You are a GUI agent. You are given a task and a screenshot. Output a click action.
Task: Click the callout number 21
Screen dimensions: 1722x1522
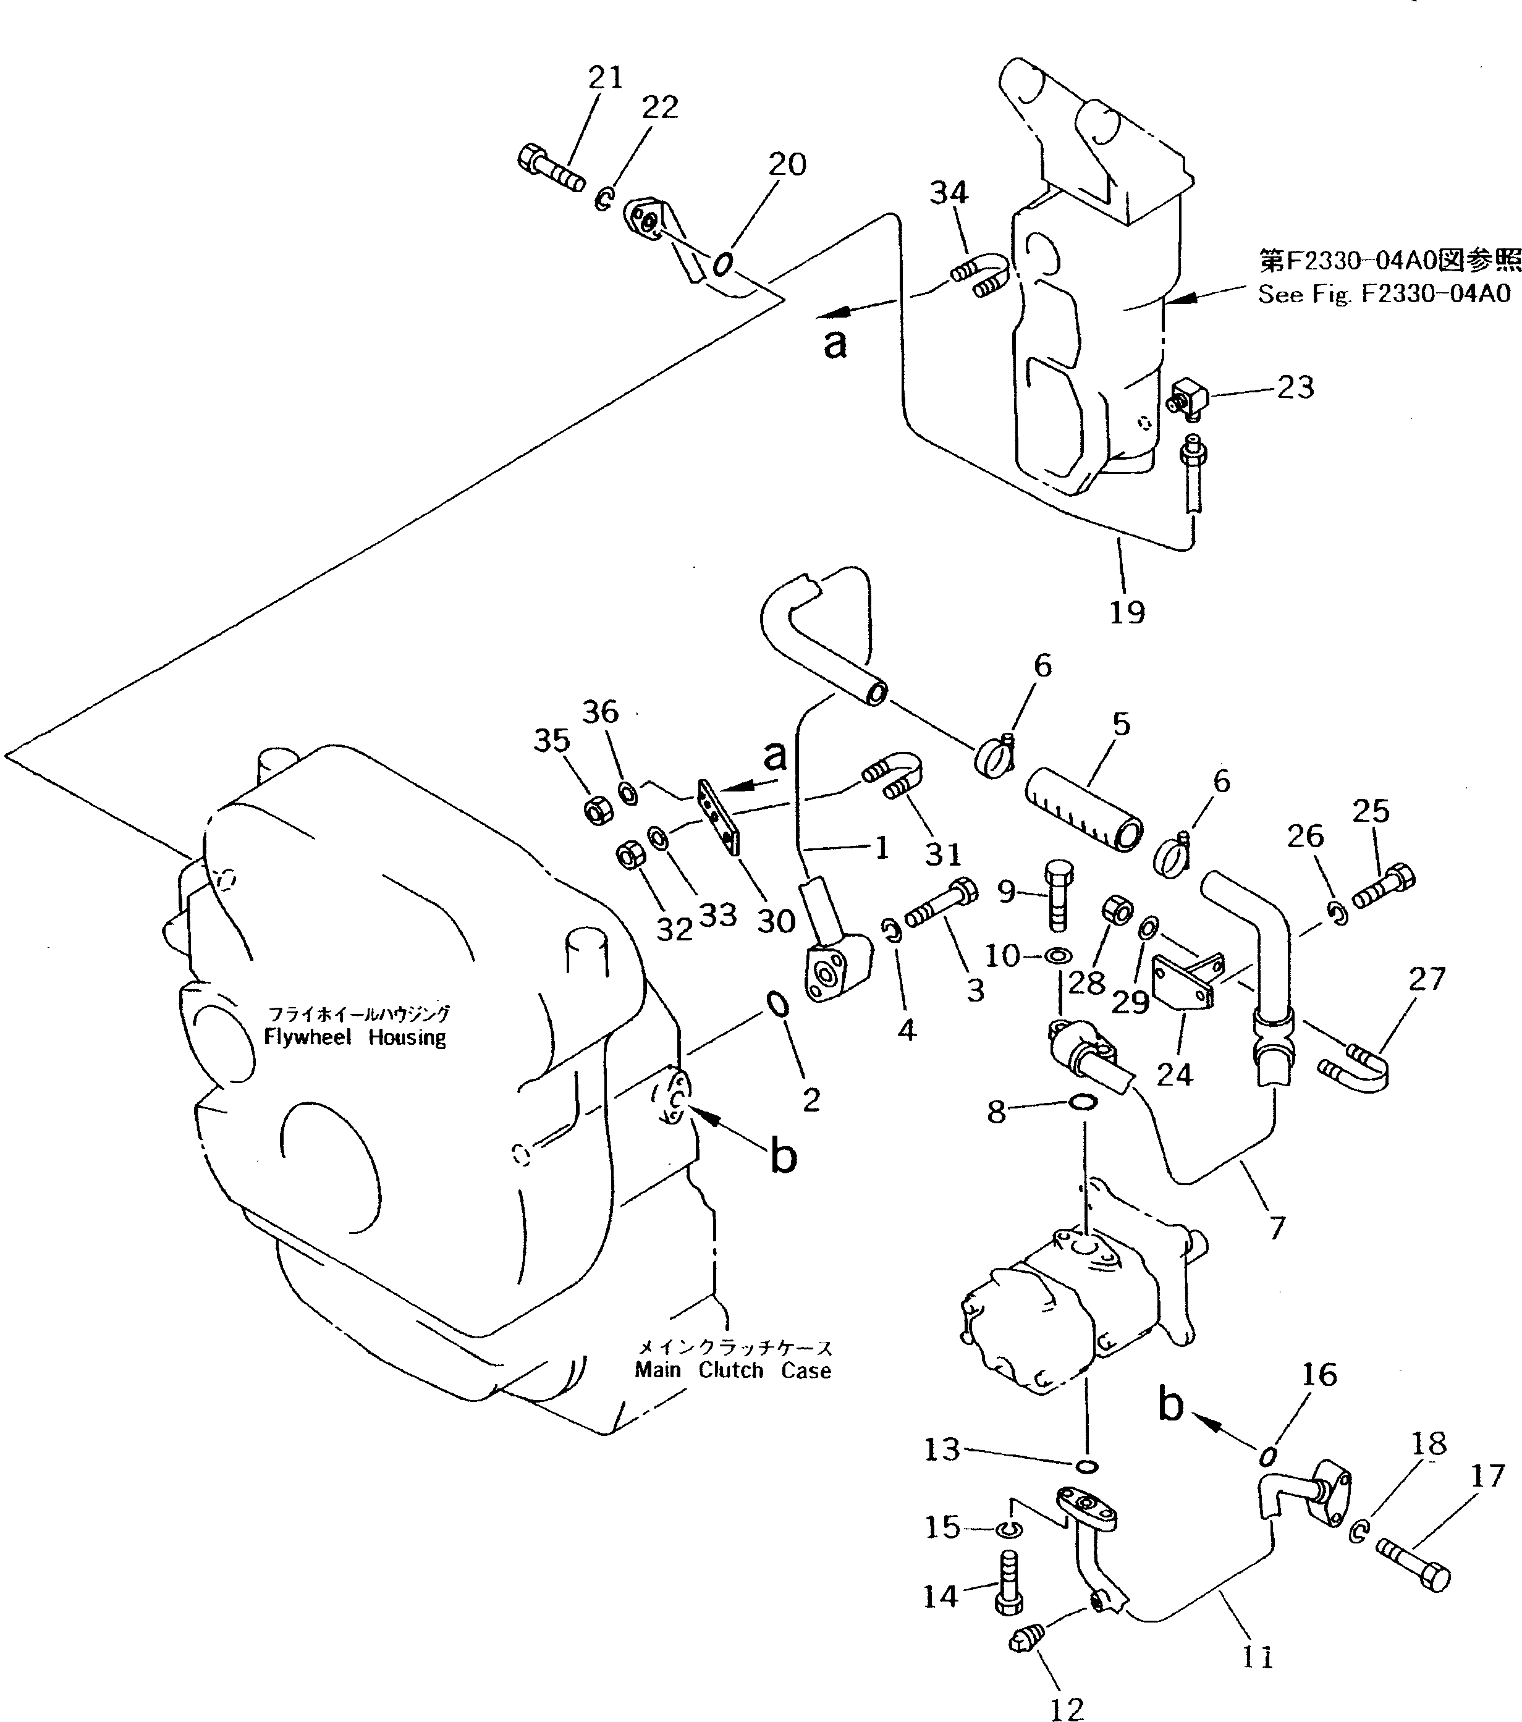pos(605,77)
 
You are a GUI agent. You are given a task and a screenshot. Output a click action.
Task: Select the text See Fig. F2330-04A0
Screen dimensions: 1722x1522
pos(1384,294)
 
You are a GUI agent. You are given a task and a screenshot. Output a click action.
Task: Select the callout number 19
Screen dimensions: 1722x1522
pos(1127,612)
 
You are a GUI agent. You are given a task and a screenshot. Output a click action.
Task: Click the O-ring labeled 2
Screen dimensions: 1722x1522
pos(776,1004)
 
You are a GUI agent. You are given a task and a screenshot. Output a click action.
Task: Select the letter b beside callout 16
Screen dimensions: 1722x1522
pos(1172,1404)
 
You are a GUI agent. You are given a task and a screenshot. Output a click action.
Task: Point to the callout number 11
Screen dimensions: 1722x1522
pos(1256,1658)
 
